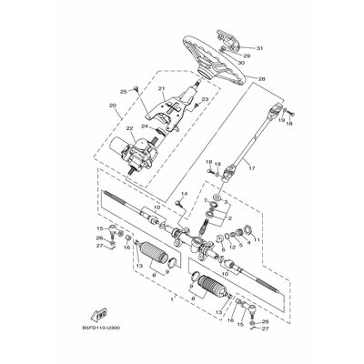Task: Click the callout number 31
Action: [259, 47]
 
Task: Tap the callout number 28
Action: [262, 79]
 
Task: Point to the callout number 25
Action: [123, 92]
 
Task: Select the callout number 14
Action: [183, 194]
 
